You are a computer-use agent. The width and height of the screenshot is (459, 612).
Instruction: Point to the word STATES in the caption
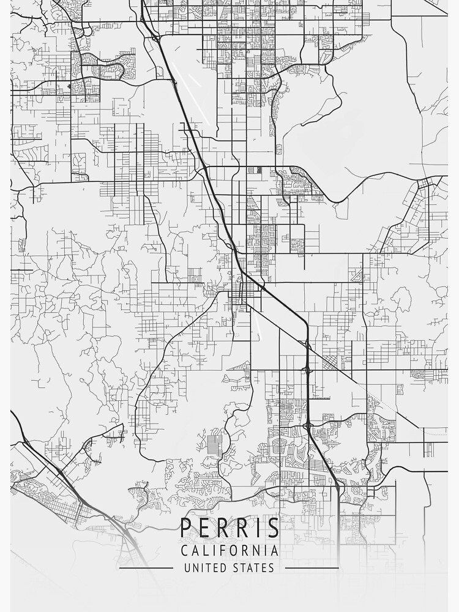(252, 568)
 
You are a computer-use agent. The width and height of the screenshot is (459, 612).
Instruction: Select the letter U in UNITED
(188, 568)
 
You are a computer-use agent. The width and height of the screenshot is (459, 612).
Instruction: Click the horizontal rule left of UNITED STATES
(146, 568)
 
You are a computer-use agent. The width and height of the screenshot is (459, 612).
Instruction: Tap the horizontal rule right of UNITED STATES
(312, 568)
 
